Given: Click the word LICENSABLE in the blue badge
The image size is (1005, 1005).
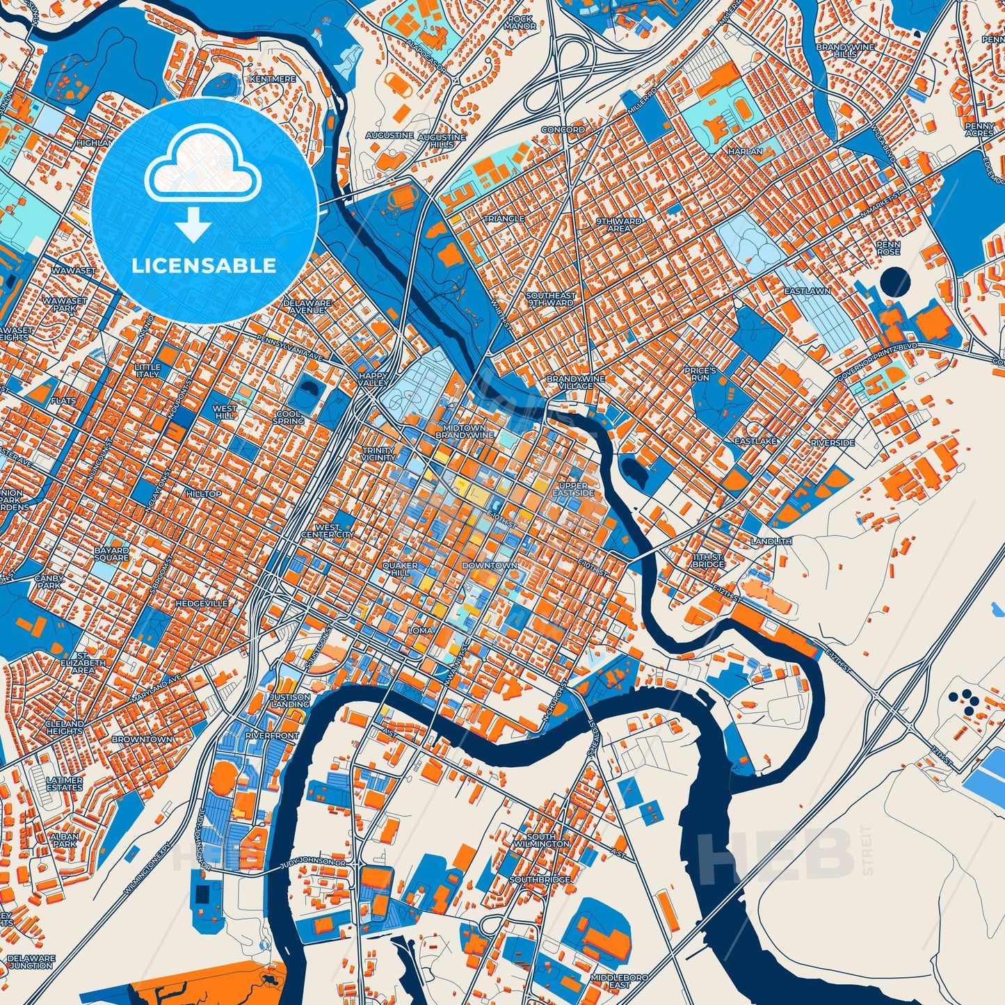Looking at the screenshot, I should click(203, 266).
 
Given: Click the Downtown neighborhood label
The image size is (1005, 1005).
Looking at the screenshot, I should click(490, 565).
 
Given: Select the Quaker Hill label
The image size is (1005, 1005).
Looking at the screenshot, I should click(400, 570).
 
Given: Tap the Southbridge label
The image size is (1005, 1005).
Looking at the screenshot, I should click(540, 880).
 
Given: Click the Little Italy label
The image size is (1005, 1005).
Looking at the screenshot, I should click(147, 371).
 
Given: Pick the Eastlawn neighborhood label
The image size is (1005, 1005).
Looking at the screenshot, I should click(807, 291).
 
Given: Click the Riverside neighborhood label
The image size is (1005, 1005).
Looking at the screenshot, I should click(832, 442).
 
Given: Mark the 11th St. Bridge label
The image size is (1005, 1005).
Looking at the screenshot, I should click(708, 561).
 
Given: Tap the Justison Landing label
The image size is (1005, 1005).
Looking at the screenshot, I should click(290, 700).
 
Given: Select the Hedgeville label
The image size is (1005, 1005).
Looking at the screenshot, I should click(202, 603).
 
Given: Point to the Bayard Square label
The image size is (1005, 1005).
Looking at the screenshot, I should click(111, 554).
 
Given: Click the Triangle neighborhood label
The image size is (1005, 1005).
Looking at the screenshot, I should click(504, 218).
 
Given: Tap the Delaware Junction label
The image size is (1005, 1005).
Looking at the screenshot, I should click(31, 961).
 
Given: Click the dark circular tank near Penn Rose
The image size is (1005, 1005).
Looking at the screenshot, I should click(894, 282).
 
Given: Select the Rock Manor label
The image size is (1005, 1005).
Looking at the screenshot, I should click(521, 22).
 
